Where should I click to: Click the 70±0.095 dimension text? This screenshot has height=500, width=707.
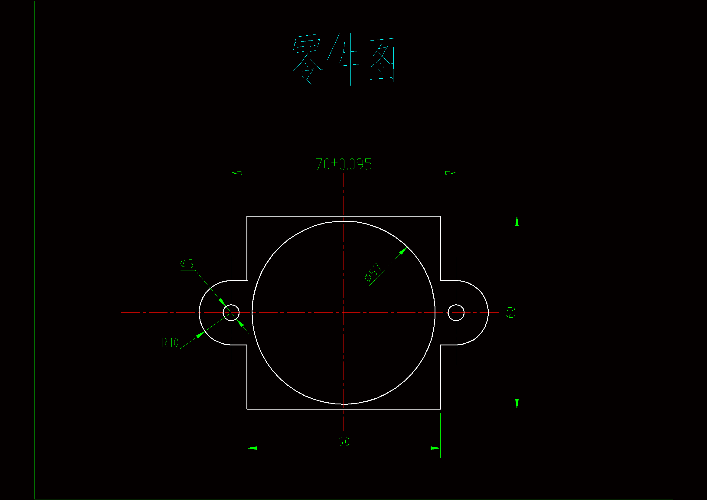tap(344, 165)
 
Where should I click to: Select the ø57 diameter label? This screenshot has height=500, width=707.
tap(373, 272)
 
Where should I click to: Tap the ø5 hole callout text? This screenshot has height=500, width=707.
tap(187, 264)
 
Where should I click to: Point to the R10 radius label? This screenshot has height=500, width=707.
tap(170, 343)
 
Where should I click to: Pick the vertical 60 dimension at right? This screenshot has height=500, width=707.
tap(510, 312)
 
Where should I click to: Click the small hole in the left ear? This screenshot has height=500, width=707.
tap(231, 313)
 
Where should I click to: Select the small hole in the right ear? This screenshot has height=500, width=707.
tap(456, 313)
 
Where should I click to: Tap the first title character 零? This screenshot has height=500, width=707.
tap(306, 59)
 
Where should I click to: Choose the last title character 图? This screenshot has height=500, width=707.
tap(382, 59)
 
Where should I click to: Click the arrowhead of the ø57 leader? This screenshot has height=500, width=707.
tap(403, 250)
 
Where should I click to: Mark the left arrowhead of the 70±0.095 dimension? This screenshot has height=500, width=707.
tap(236, 173)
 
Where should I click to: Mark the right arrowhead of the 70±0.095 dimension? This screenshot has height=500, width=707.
tap(451, 173)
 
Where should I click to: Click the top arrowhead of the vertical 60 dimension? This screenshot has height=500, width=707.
tap(517, 221)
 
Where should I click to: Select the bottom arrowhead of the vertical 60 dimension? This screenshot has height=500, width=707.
tap(517, 404)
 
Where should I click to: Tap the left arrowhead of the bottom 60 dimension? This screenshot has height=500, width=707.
tap(252, 448)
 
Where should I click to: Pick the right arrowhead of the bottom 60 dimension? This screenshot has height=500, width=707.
tap(435, 448)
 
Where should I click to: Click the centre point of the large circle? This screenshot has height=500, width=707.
tap(344, 313)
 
